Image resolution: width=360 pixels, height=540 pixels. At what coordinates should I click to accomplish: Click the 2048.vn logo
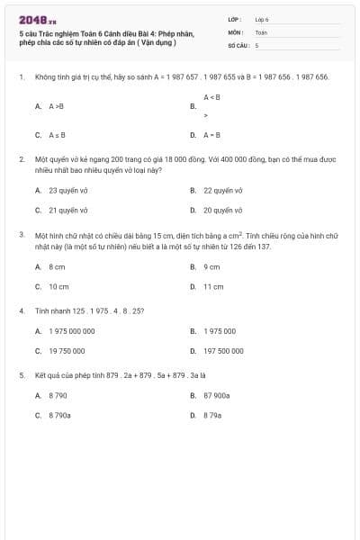31,19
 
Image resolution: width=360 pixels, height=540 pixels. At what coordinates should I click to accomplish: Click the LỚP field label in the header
235,19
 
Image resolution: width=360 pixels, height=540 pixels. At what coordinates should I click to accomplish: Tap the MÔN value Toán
261,31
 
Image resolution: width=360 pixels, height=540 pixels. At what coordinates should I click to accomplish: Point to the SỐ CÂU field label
238,44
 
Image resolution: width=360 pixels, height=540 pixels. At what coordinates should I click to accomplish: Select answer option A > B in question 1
56,105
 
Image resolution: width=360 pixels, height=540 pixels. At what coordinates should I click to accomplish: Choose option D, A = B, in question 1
211,135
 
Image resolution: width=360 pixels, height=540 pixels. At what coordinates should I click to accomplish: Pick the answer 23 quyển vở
66,191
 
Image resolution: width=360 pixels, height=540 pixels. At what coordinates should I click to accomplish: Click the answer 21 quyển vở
66,210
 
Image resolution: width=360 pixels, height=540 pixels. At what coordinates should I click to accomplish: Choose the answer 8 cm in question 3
57,267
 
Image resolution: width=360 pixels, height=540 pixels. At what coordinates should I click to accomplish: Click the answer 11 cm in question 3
213,286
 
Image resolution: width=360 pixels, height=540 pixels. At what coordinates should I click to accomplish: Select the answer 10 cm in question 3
58,286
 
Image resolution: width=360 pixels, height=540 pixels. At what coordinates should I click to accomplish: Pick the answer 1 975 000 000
71,331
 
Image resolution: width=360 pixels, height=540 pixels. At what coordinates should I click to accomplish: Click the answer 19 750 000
67,350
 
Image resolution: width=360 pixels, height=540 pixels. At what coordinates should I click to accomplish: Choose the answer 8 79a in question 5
212,415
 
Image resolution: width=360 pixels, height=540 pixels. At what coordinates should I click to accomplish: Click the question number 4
21,310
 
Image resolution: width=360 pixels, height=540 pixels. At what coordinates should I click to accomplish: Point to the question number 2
21,157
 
